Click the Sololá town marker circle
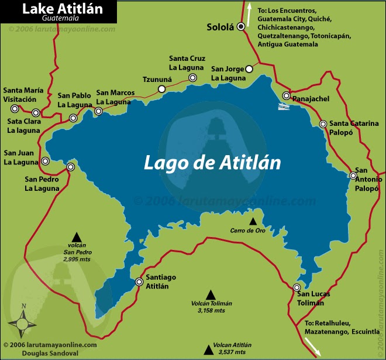coord(240,26)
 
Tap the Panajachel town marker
coord(287,96)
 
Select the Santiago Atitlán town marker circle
coord(139,282)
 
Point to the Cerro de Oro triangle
coord(253,221)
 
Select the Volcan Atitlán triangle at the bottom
coord(208,350)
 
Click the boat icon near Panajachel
coord(283,107)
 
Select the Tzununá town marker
coord(161,89)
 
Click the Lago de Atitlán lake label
coord(213,162)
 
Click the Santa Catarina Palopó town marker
coord(323,124)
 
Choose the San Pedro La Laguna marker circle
coord(71,167)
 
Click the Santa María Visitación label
coord(23,94)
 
